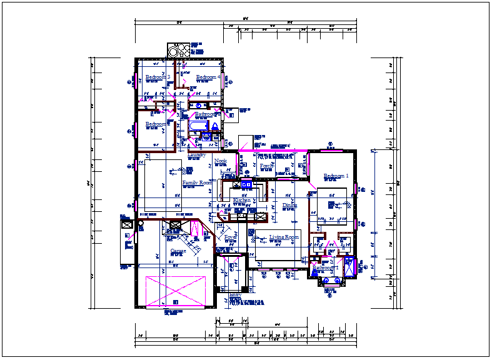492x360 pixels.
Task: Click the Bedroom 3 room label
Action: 158,77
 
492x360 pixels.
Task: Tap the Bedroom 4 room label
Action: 207,77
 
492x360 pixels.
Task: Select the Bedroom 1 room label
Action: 335,176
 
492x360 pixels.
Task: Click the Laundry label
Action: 197,154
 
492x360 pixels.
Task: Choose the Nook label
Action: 220,161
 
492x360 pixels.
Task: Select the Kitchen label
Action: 241,201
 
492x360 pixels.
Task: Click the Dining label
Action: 289,205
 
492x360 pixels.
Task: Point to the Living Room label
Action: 284,237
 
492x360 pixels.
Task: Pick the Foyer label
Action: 231,237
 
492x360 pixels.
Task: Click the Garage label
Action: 179,251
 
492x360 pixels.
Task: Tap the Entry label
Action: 235,294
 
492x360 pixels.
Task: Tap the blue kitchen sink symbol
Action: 246,184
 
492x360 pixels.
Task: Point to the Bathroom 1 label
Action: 326,267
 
